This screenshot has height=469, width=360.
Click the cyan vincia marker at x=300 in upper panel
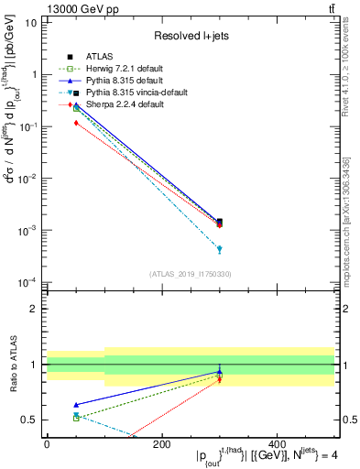219,249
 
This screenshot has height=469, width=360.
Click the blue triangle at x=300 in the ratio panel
219,372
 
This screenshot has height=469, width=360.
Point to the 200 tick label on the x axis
161,444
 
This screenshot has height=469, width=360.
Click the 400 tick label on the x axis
276,444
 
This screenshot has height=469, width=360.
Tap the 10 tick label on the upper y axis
30,22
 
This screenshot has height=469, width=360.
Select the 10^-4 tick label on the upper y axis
27,282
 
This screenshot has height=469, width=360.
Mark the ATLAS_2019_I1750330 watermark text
190,273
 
